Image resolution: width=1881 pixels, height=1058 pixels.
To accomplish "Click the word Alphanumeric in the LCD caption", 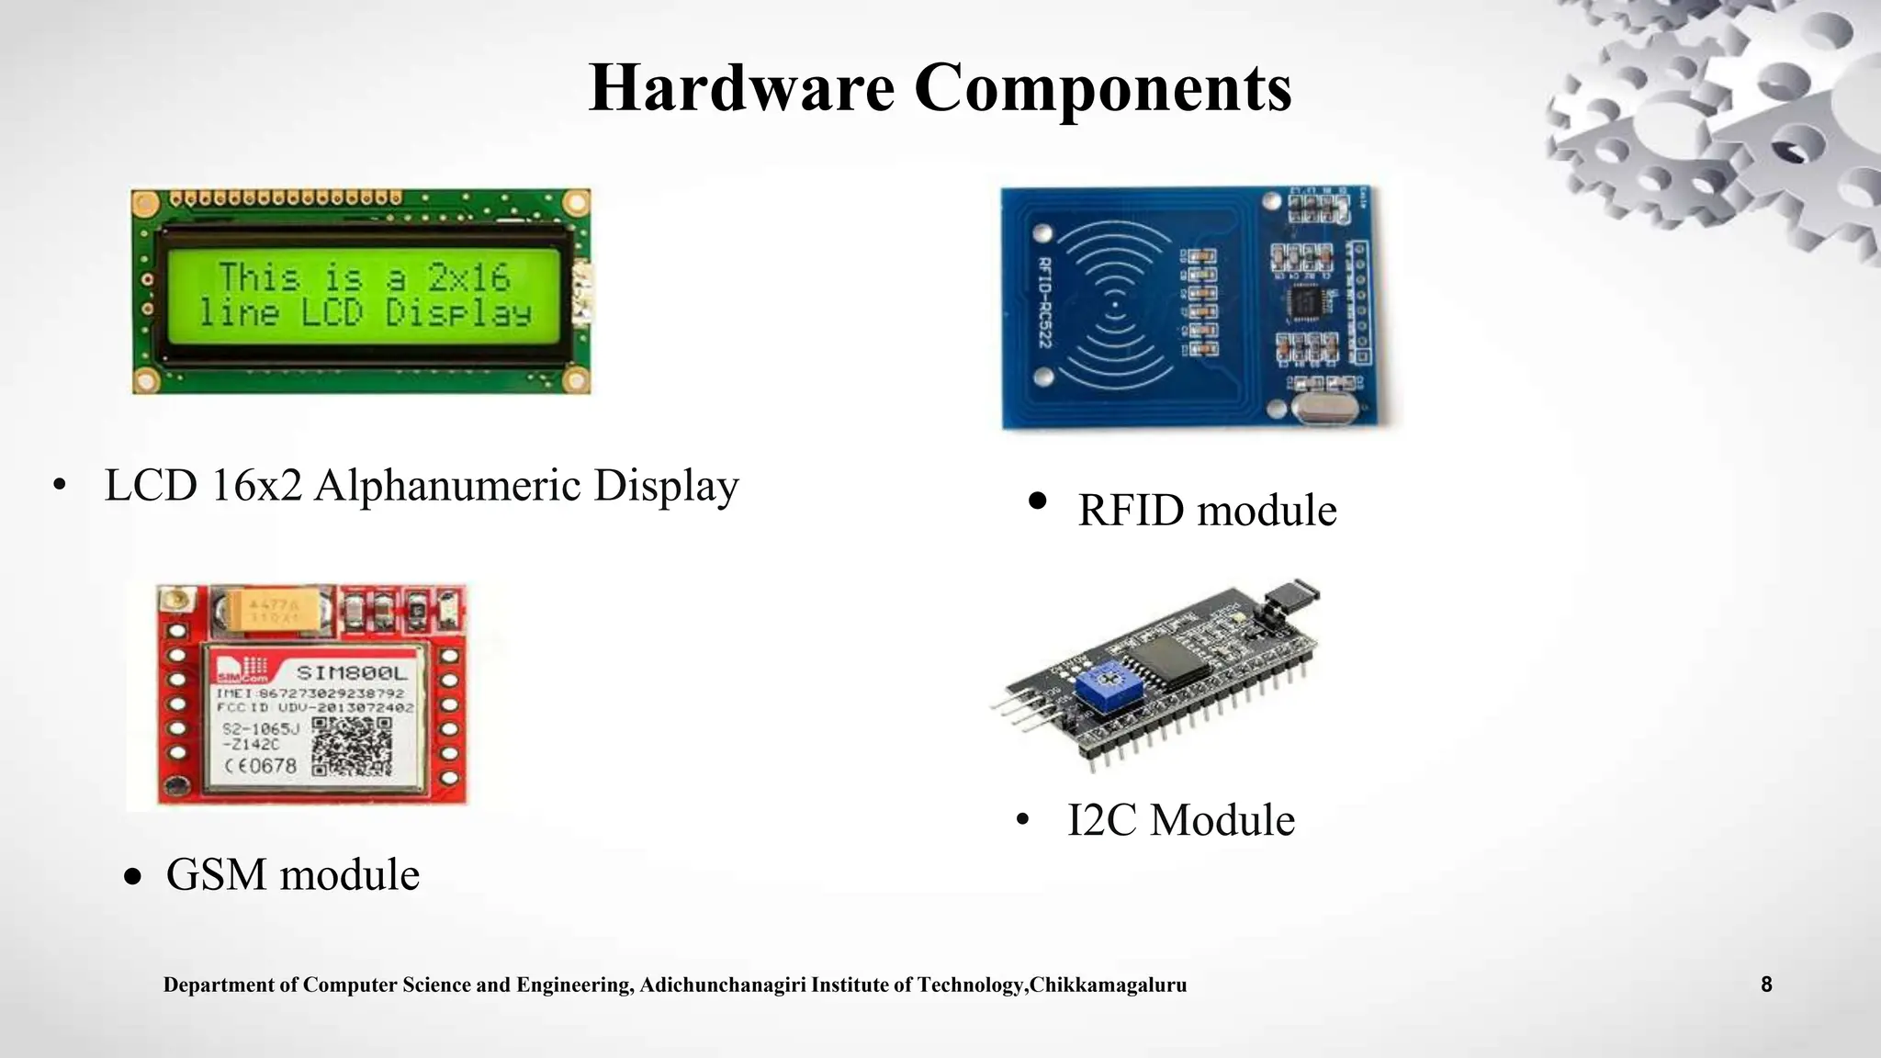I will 447,485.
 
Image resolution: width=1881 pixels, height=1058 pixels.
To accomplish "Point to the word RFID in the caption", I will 1132,510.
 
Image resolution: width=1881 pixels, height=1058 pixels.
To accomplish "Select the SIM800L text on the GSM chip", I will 352,673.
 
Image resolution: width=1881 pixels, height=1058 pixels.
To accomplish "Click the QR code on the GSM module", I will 352,747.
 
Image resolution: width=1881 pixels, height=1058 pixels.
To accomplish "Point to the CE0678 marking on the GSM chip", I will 261,765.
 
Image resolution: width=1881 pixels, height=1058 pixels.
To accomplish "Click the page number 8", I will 1766,985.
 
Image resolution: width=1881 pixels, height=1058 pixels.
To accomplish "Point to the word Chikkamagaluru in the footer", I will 1109,985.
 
